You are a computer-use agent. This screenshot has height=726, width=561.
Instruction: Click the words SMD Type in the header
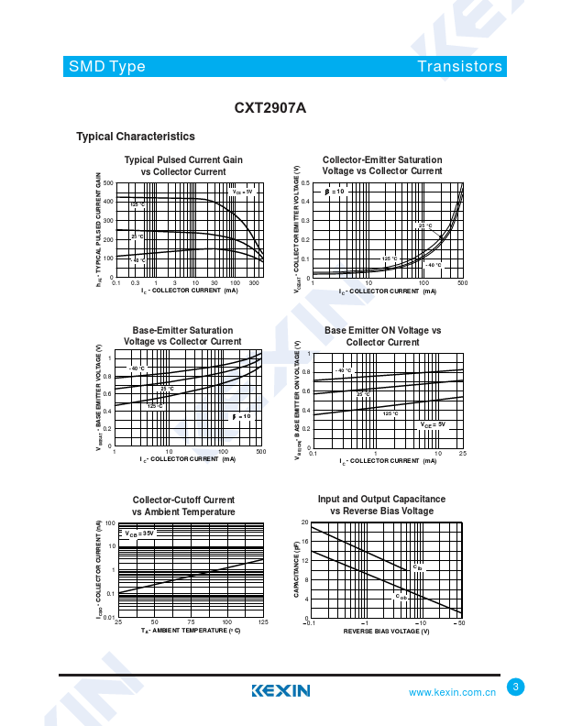tap(106, 66)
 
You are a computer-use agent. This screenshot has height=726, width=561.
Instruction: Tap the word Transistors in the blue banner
tap(459, 66)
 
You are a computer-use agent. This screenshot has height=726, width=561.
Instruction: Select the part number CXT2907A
tap(270, 107)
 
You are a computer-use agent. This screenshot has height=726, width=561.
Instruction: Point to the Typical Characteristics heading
tap(136, 137)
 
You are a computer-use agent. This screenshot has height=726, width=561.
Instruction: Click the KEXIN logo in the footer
tap(280, 690)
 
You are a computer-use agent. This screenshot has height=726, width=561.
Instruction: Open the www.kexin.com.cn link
tap(452, 692)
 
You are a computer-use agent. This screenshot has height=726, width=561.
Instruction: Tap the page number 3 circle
tap(515, 687)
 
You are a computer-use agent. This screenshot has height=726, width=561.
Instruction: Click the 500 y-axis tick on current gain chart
tap(108, 183)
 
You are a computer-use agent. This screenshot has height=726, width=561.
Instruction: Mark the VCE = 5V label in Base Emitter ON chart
tap(433, 424)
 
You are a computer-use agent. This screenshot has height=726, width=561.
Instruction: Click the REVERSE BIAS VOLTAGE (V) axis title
tap(386, 632)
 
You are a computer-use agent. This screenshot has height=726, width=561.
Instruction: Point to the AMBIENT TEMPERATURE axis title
tap(191, 632)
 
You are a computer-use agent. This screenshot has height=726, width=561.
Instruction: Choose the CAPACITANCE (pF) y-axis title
tap(296, 570)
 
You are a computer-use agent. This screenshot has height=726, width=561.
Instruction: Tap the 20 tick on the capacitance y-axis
tap(304, 522)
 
